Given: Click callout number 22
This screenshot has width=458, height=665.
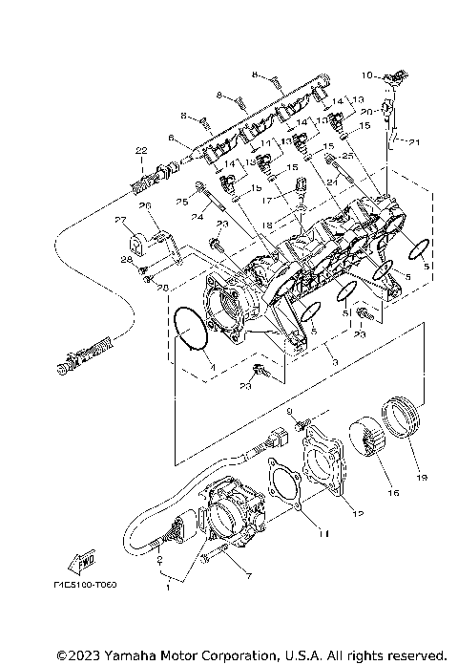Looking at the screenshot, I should click(x=140, y=151).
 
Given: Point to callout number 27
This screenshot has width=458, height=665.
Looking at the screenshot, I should click(x=122, y=222).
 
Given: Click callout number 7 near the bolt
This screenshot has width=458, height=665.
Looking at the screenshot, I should click(x=250, y=577).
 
